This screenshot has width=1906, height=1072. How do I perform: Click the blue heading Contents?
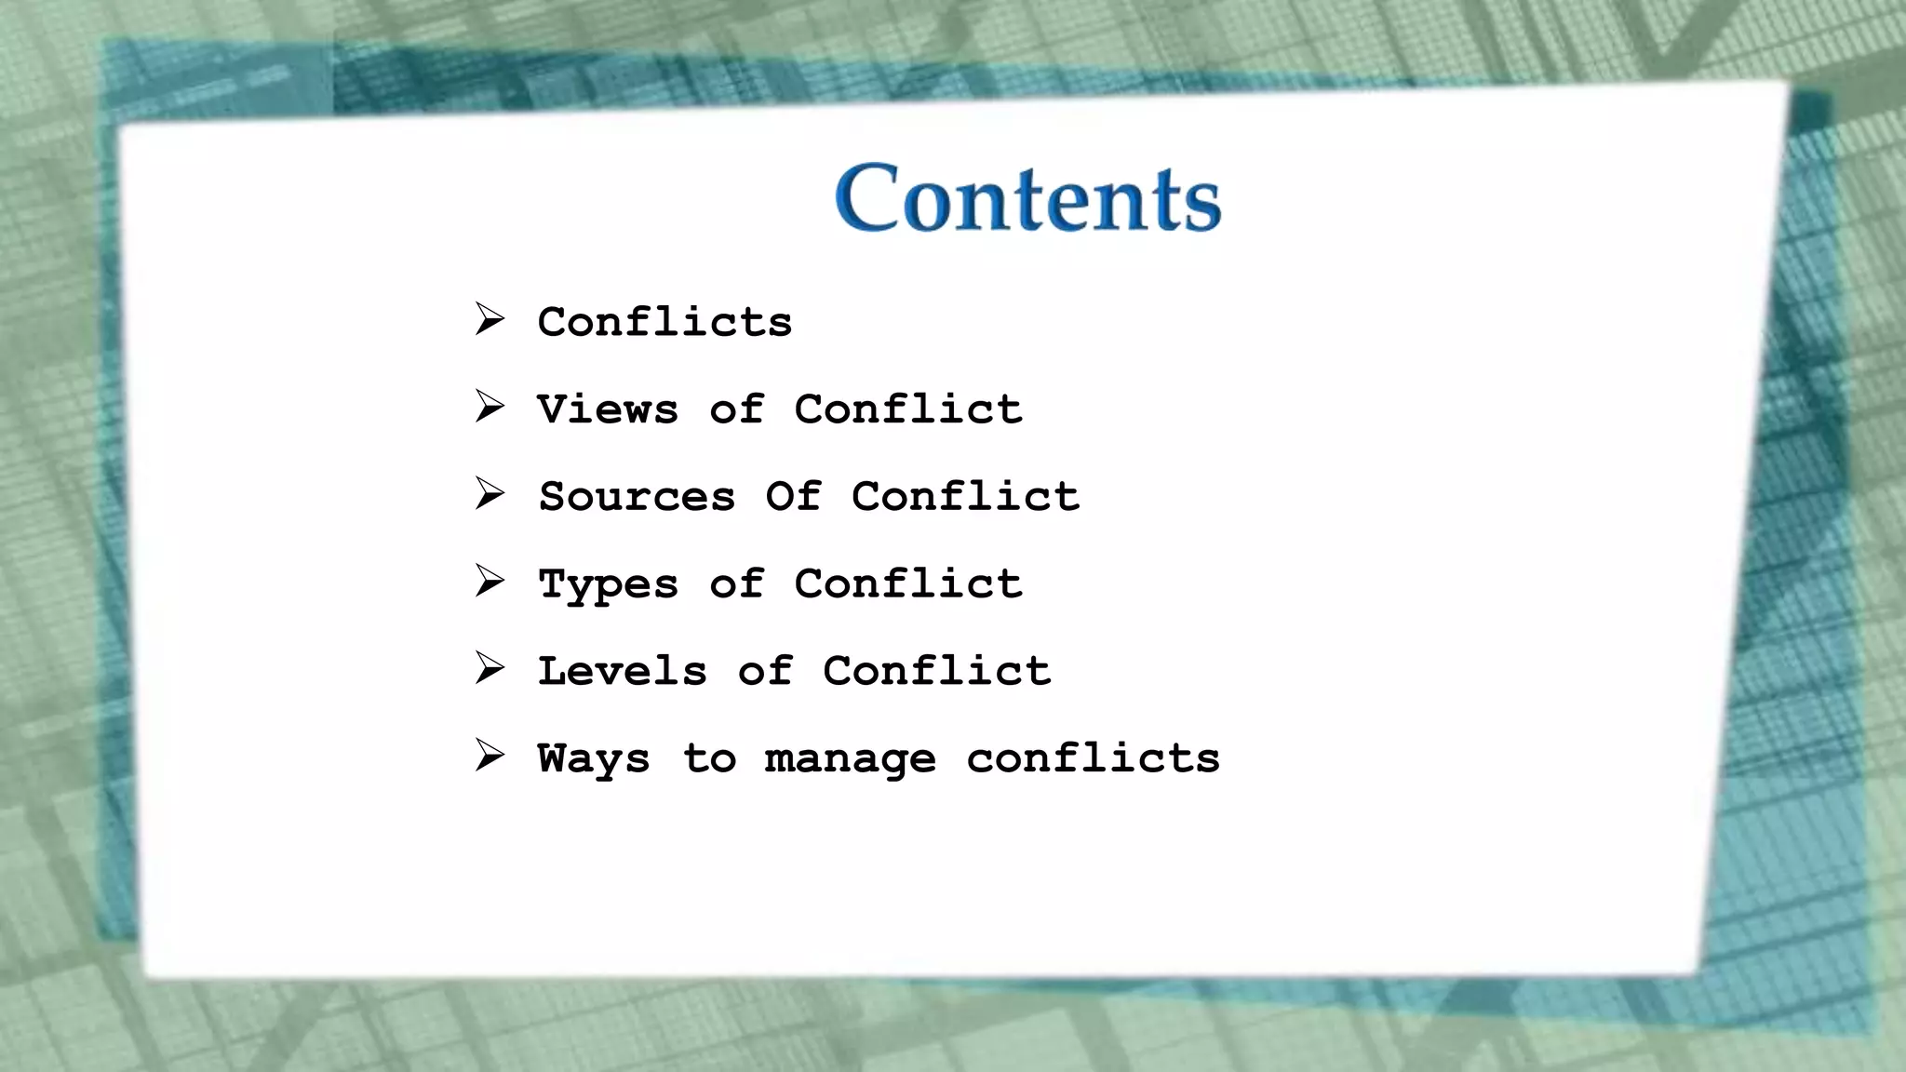(x=1027, y=198)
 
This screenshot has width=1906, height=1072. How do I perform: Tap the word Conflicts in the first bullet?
(x=664, y=322)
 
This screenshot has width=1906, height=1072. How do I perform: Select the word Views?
(x=608, y=409)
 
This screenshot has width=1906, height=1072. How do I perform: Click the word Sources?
(x=638, y=496)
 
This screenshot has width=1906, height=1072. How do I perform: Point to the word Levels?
(x=622, y=671)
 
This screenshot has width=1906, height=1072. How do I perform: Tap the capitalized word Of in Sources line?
(x=793, y=496)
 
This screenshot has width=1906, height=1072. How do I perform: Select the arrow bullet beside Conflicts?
(x=489, y=319)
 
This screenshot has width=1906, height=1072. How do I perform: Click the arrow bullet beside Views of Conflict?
(x=489, y=407)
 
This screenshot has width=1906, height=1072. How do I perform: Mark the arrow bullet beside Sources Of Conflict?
(x=489, y=494)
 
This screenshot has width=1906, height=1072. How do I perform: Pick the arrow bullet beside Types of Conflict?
(x=489, y=582)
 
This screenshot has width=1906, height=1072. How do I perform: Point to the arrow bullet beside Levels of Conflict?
(x=489, y=668)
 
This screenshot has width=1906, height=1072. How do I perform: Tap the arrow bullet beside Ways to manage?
(x=489, y=756)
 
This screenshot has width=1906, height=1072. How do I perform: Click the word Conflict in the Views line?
(x=907, y=409)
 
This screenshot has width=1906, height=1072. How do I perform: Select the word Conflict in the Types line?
(x=907, y=583)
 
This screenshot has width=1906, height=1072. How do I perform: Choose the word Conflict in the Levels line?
(x=936, y=671)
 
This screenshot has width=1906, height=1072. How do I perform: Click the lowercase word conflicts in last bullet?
(x=1093, y=757)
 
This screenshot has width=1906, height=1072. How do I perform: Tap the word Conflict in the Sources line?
(x=965, y=496)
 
